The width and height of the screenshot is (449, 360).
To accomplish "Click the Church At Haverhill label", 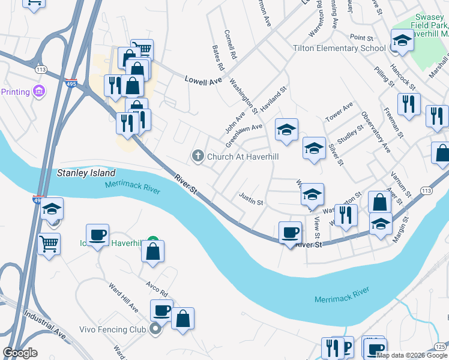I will (x=244, y=157).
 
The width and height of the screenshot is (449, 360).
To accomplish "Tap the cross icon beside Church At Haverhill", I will (x=197, y=157).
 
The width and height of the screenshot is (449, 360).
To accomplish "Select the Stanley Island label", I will (x=86, y=173).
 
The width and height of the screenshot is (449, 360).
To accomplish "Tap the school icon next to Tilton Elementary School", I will (x=402, y=41).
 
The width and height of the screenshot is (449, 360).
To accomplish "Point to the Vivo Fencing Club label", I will (x=113, y=329).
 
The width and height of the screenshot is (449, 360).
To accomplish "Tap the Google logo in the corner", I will (x=20, y=353).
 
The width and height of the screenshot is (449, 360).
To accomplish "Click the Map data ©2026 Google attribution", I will (x=412, y=356).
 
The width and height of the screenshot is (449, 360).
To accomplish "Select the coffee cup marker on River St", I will (x=290, y=233).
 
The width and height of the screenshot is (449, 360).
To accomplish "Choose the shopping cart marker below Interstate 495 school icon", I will (x=49, y=244).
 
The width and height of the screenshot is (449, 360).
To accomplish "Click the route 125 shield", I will (x=441, y=347).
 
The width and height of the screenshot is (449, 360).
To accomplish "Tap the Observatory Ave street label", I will (x=375, y=131).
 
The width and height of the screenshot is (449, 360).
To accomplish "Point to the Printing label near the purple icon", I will (x=16, y=92).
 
